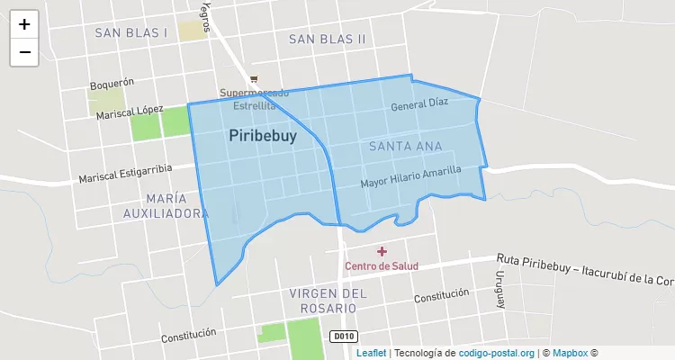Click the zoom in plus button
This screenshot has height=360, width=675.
click(24, 24)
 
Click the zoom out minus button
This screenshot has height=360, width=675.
click(24, 52)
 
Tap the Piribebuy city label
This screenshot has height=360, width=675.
click(263, 135)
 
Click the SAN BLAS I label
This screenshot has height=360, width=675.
click(131, 32)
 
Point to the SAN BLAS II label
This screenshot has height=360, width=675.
click(328, 39)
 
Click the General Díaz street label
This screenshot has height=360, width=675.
click(419, 104)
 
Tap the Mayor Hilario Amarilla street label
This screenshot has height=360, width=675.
click(410, 176)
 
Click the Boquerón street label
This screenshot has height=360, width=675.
click(112, 84)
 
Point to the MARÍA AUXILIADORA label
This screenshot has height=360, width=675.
click(166, 205)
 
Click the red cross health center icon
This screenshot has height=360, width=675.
click(382, 251)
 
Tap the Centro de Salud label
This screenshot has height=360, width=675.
click(382, 266)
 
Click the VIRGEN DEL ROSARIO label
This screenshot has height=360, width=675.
click(328, 301)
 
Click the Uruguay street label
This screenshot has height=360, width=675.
click(499, 289)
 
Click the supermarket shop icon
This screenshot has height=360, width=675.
click(255, 79)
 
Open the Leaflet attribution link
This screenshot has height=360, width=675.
click(372, 353)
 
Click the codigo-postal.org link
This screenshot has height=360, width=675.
click(497, 353)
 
